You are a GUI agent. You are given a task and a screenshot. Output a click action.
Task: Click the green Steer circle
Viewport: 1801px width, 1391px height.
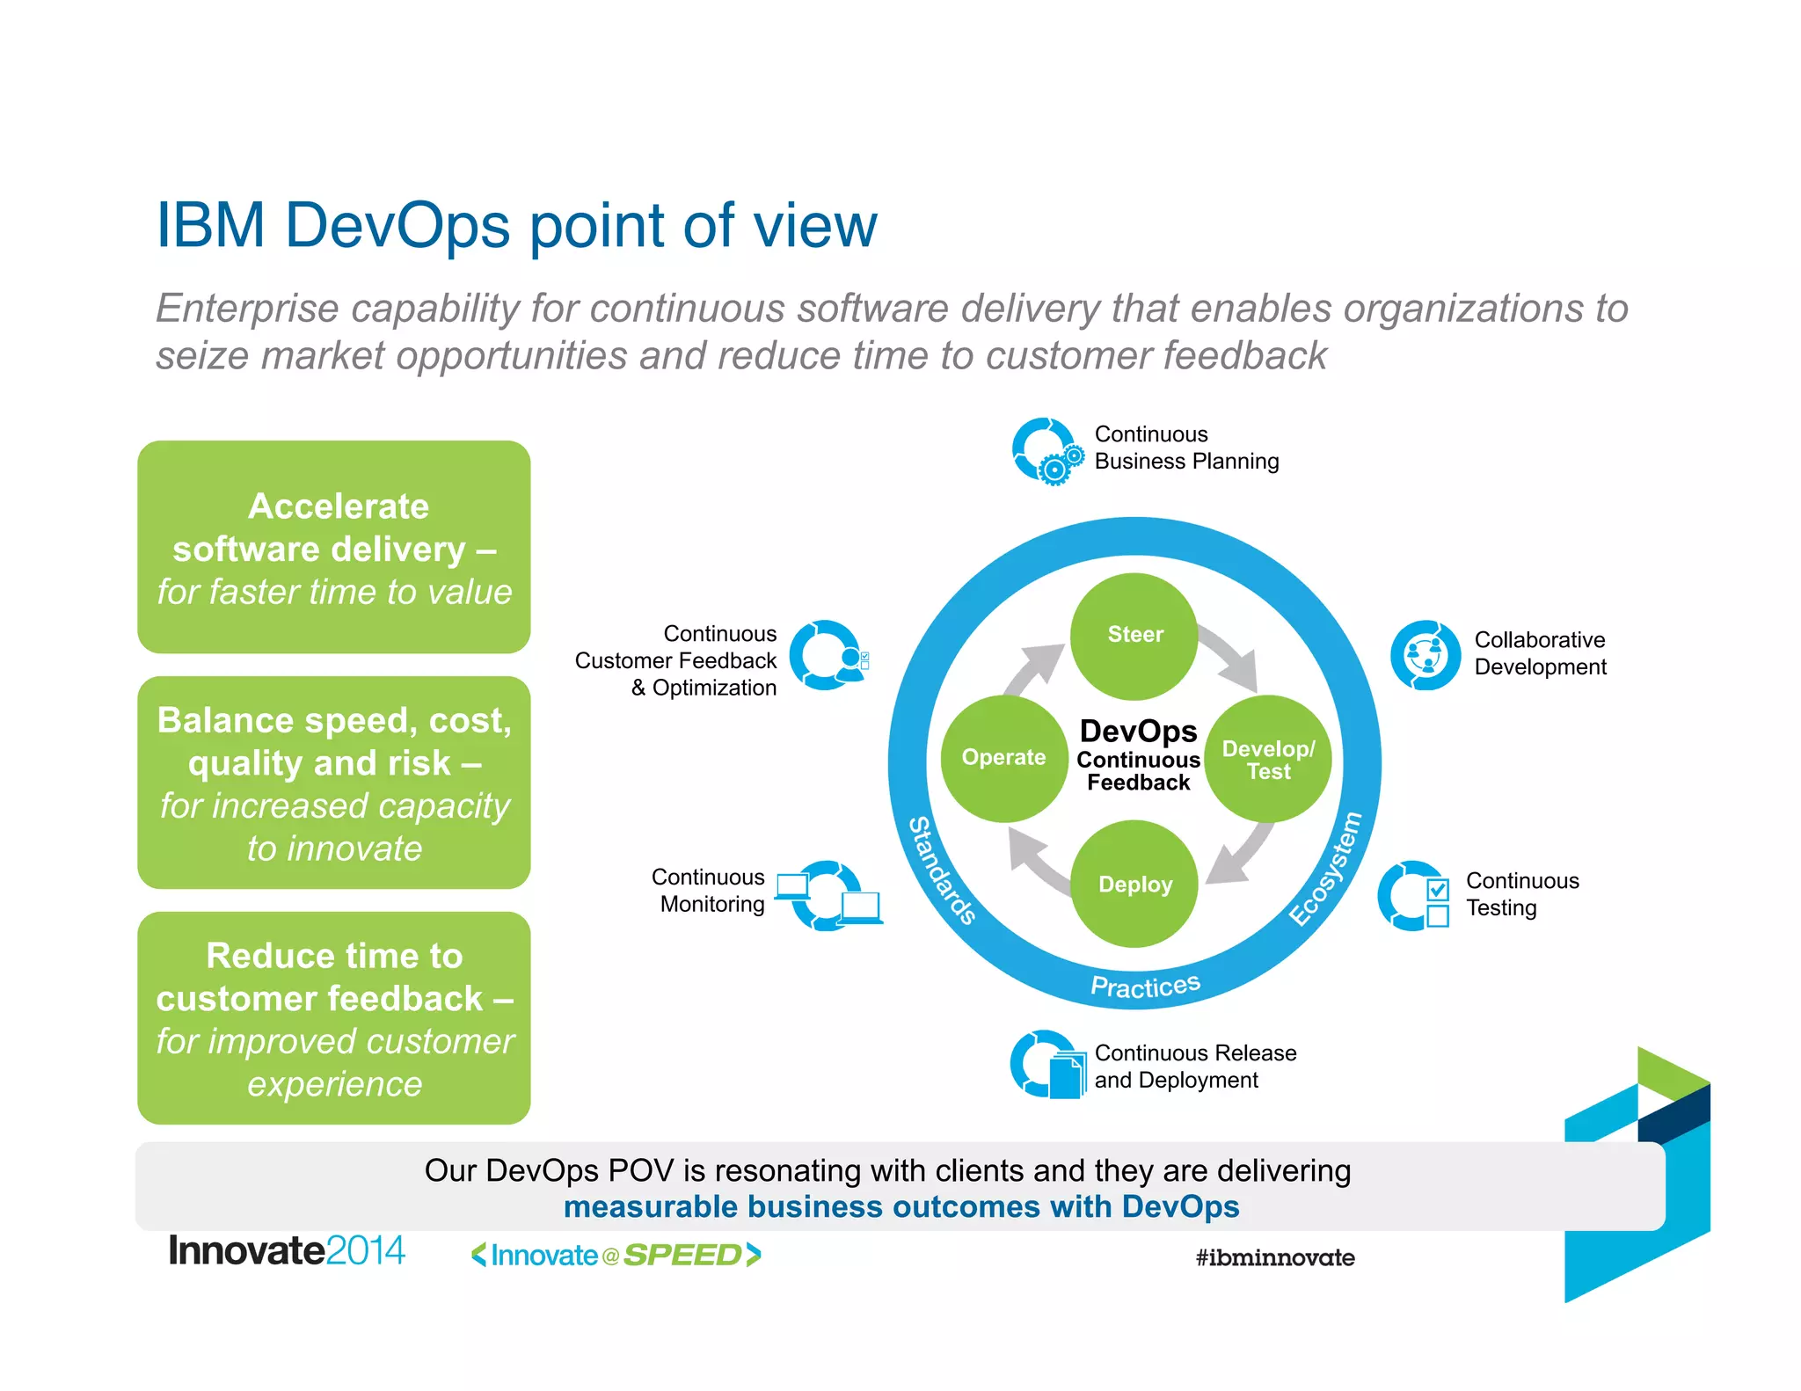pyautogui.click(x=1134, y=636)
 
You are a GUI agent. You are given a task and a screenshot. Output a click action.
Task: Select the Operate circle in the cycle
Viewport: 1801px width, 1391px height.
pyautogui.click(x=1003, y=758)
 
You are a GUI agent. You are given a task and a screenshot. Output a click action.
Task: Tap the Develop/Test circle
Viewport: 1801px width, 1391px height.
pyautogui.click(x=1268, y=760)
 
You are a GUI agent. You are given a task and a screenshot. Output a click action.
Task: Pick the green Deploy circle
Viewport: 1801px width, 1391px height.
pyautogui.click(x=1134, y=885)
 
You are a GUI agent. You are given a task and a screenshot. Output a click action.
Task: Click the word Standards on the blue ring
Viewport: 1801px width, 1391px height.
pyautogui.click(x=942, y=870)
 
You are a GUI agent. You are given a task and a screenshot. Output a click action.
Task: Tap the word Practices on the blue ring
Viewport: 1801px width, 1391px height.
pyautogui.click(x=1145, y=986)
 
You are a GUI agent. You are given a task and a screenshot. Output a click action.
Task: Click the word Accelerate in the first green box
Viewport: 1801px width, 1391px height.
pyautogui.click(x=339, y=506)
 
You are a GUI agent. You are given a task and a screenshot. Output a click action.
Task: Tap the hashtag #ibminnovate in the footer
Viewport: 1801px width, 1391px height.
pyautogui.click(x=1274, y=1257)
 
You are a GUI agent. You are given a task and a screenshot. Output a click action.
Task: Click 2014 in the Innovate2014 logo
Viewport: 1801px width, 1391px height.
pyautogui.click(x=365, y=1251)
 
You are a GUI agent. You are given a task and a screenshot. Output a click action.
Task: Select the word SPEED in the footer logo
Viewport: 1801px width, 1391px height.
pyautogui.click(x=682, y=1256)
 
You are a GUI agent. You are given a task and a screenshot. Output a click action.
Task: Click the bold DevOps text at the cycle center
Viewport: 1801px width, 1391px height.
pyautogui.click(x=1138, y=732)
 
